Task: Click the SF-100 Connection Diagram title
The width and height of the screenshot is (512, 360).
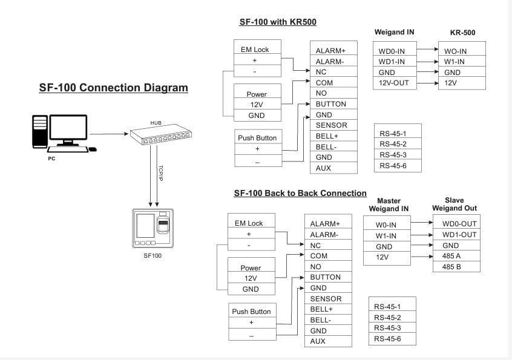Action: pyautogui.click(x=113, y=88)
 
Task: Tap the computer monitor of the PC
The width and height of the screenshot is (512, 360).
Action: pyautogui.click(x=68, y=130)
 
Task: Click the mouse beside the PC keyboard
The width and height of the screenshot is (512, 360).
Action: pyautogui.click(x=93, y=149)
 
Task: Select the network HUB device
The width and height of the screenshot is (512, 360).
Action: pyautogui.click(x=160, y=134)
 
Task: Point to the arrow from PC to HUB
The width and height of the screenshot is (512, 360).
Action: pyautogui.click(x=109, y=134)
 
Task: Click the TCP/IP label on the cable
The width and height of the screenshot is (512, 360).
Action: pyautogui.click(x=160, y=173)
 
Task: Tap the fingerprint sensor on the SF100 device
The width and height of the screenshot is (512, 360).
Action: pyautogui.click(x=163, y=225)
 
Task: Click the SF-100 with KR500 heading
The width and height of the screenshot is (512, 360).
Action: pyautogui.click(x=278, y=22)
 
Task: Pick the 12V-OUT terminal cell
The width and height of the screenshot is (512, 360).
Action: pyautogui.click(x=395, y=83)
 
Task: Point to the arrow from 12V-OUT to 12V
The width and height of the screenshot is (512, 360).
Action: pyautogui.click(x=427, y=83)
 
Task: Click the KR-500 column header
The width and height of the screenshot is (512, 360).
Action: pyautogui.click(x=462, y=32)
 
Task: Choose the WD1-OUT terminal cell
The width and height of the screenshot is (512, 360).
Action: pyautogui.click(x=456, y=234)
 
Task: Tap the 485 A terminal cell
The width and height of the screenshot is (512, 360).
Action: pyautogui.click(x=456, y=256)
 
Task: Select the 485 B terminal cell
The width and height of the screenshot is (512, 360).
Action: pyautogui.click(x=456, y=267)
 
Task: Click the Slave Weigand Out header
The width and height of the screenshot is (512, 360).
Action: pyautogui.click(x=455, y=205)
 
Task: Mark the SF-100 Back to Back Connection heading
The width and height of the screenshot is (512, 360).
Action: pyautogui.click(x=300, y=193)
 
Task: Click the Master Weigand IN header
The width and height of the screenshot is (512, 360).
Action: pyautogui.click(x=389, y=205)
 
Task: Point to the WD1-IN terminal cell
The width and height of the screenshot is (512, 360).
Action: pyautogui.click(x=395, y=61)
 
